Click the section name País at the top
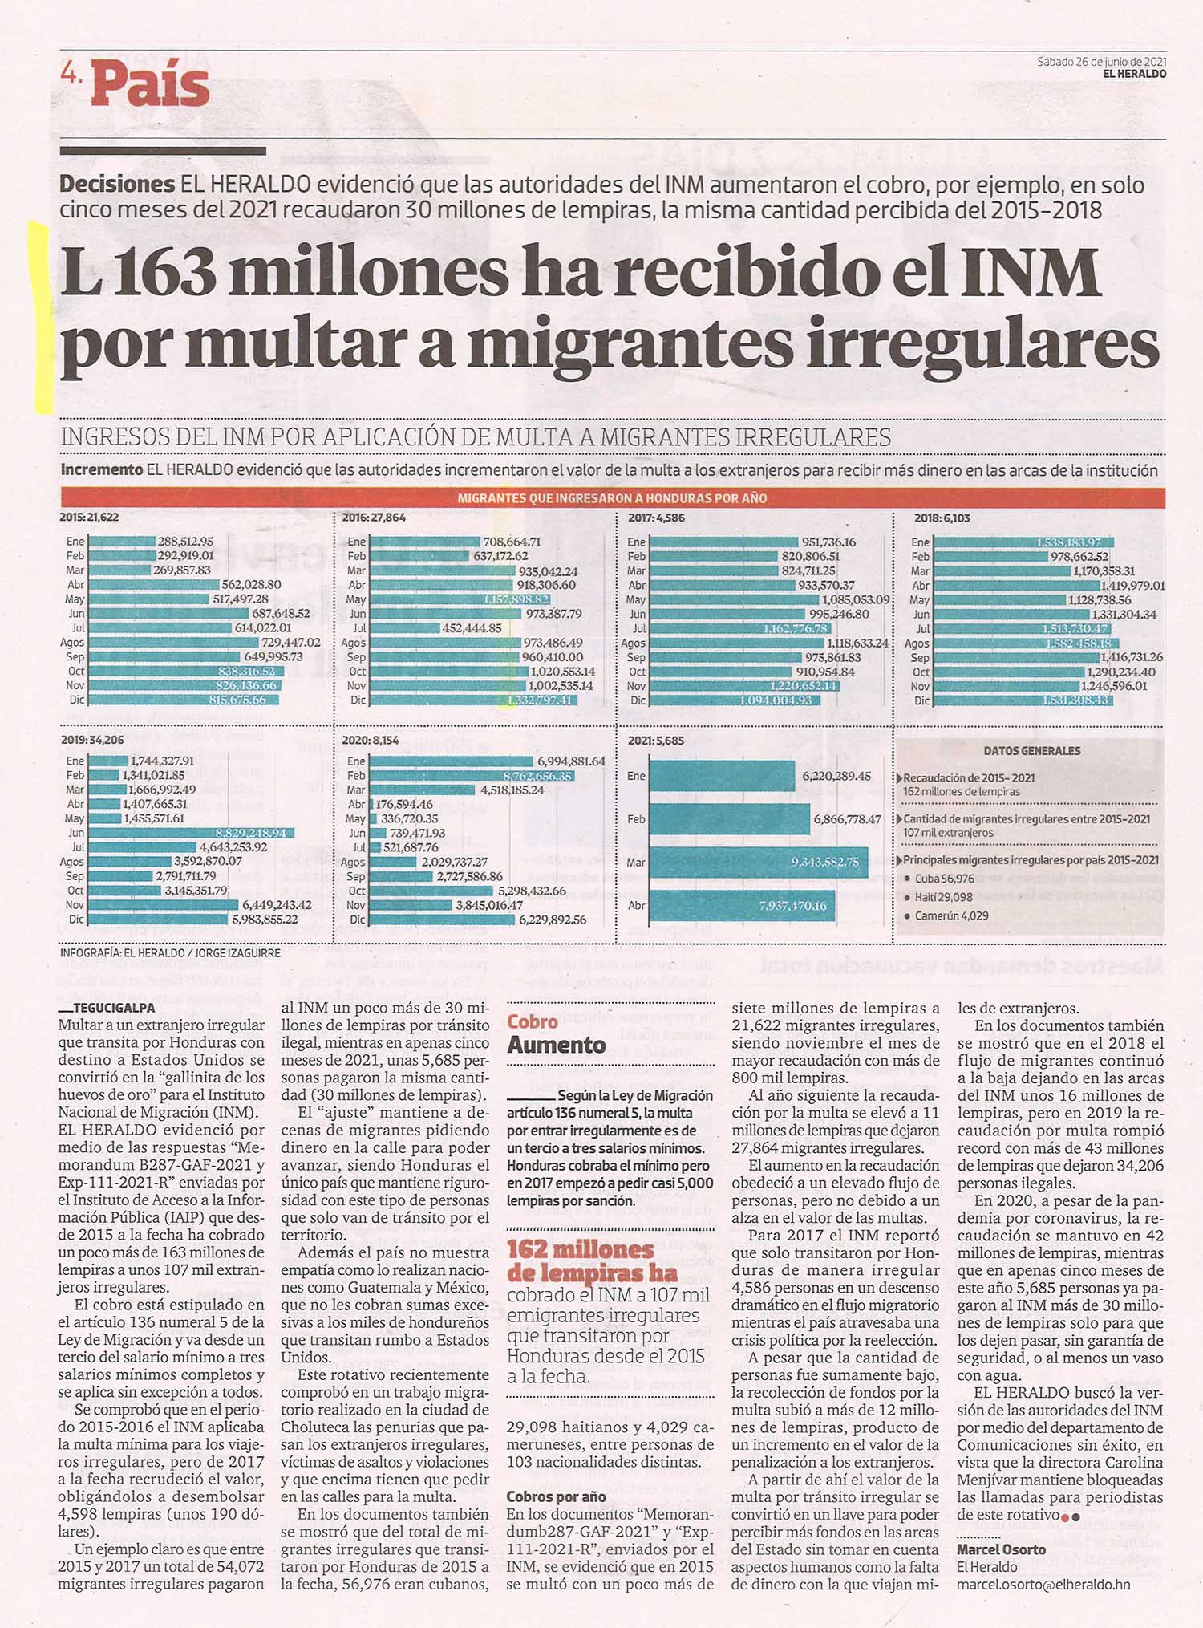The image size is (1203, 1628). (x=150, y=86)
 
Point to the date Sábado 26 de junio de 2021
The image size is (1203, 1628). (x=1101, y=61)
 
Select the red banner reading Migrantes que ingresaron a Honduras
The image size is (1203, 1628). (x=612, y=497)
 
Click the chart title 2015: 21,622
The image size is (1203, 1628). (x=89, y=518)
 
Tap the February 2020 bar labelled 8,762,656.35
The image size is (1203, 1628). (x=471, y=776)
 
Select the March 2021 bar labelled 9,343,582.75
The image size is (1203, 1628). (x=759, y=863)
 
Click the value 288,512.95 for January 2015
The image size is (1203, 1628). (x=185, y=542)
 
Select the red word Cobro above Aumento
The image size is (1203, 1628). (x=533, y=1021)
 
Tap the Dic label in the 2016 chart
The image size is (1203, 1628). (x=358, y=700)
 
